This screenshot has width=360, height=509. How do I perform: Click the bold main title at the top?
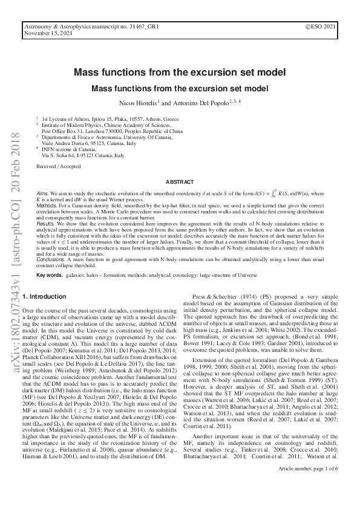coord(180,73)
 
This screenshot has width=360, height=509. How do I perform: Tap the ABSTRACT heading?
coord(180,181)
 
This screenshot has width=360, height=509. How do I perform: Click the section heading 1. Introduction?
coord(44,297)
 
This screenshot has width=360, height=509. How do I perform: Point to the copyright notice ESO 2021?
coord(321,28)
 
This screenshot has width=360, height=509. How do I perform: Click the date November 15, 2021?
coord(45,34)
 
